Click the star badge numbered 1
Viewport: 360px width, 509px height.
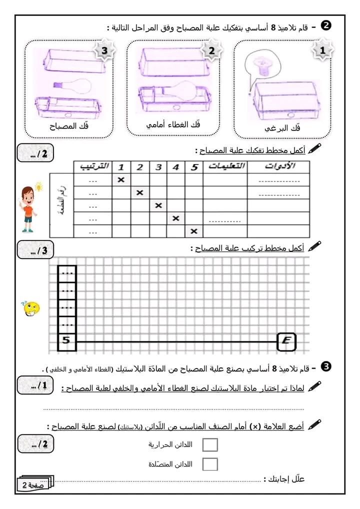(x=322, y=51)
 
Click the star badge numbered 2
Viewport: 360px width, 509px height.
(x=211, y=51)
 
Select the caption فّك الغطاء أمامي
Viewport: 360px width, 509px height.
(x=173, y=124)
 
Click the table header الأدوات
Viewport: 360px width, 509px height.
(x=278, y=166)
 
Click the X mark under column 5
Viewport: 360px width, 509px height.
(x=194, y=231)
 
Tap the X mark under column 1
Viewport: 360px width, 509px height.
(x=121, y=179)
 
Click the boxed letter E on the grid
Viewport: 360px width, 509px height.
(x=286, y=342)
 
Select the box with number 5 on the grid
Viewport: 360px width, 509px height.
(x=67, y=341)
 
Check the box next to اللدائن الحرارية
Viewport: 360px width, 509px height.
(x=210, y=444)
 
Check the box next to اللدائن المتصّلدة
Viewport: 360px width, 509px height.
(x=210, y=464)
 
